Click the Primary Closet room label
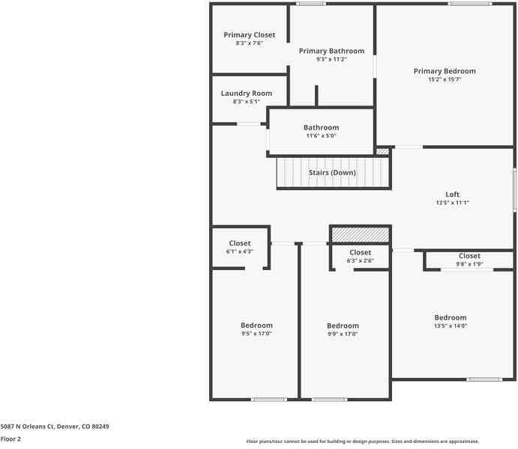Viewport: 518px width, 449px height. coord(249,35)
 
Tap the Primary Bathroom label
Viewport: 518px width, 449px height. coord(331,51)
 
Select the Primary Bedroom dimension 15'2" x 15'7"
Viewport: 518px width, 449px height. coord(444,79)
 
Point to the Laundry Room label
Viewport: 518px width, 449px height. coord(247,94)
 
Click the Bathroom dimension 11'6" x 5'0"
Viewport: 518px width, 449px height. coord(321,136)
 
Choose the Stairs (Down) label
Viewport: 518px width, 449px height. coord(332,173)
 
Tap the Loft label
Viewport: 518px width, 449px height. coord(452,195)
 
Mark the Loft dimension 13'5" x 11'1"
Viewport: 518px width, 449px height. coord(452,203)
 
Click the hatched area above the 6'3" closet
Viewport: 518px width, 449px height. coord(361,235)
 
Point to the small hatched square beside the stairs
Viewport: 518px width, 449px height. coord(382,151)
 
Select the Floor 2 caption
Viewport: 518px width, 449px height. coord(11,439)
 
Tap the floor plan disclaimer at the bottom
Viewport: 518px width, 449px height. coord(363,442)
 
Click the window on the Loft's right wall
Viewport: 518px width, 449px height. coord(514,189)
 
